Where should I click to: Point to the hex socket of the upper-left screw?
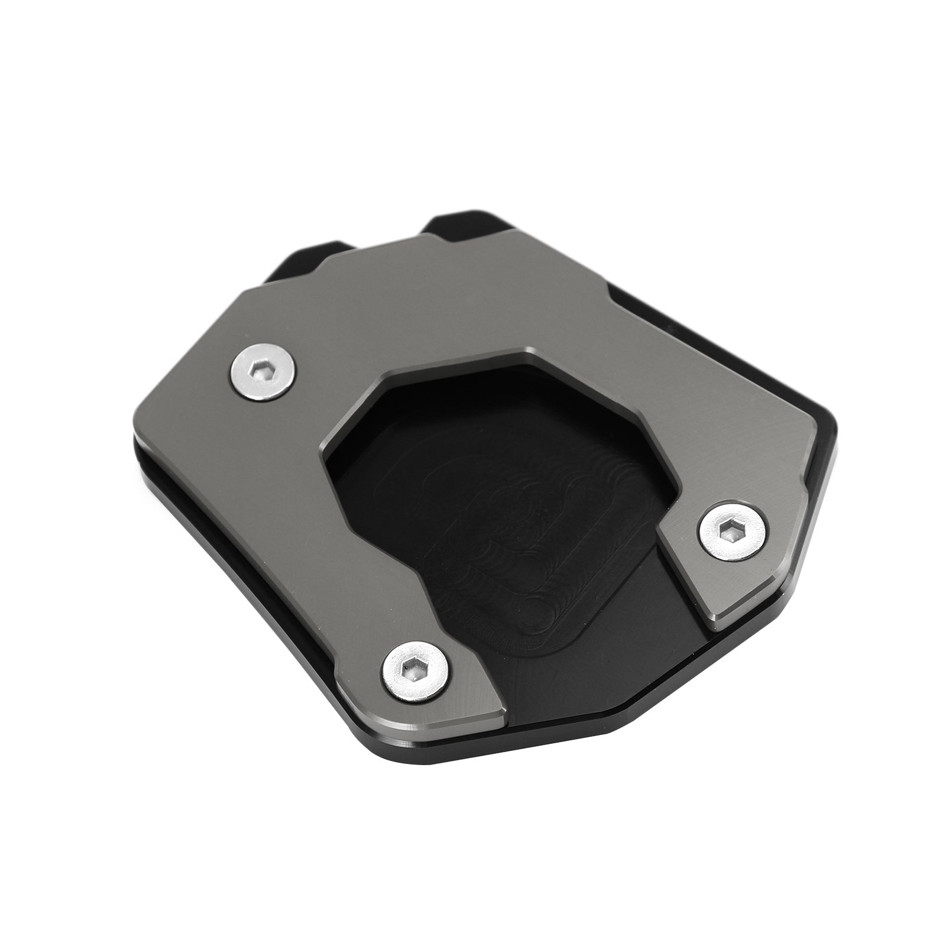coord(261,374)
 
